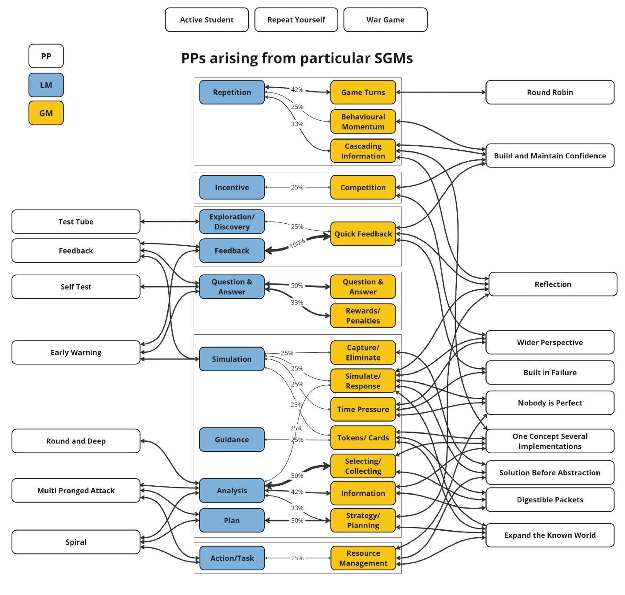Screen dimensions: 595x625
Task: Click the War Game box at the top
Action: coord(385,20)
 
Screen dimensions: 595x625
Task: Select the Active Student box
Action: coord(207,20)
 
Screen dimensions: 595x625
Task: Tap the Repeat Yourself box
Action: coord(296,20)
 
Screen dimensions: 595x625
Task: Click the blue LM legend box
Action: coord(46,85)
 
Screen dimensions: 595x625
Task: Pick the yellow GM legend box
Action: coord(46,113)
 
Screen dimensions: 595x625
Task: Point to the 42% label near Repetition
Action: coord(297,90)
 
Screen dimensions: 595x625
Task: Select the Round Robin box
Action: coord(550,92)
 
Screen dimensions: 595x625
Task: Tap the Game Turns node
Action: coord(363,92)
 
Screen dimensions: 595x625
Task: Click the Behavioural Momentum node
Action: coord(363,122)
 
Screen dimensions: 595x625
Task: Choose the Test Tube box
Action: coord(76,222)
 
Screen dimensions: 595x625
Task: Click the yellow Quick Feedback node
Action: coord(363,234)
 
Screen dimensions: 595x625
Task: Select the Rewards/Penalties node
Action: coord(363,316)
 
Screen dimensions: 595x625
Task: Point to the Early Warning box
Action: coord(76,352)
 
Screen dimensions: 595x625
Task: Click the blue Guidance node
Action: coord(232,440)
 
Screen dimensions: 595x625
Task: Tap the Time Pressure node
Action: coord(363,409)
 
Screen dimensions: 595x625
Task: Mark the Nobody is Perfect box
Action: coord(550,403)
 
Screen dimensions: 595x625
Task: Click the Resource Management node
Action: coord(363,558)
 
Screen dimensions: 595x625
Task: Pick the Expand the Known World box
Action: coord(550,535)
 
